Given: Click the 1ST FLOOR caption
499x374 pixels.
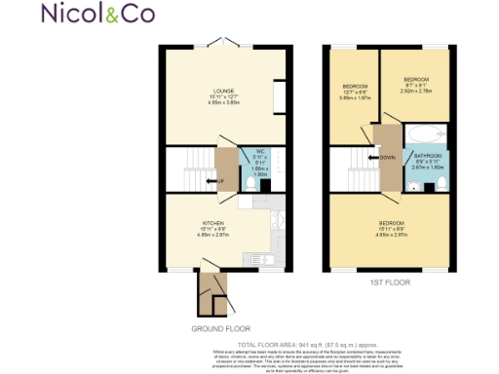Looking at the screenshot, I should click(389, 283).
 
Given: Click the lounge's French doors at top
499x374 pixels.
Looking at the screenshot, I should click(225, 44).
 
